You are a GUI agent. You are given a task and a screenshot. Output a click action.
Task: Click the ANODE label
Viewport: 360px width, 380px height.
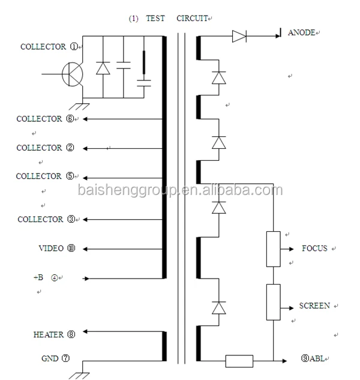[x=301, y=32]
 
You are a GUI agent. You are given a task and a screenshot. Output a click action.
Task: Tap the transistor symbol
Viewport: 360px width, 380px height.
[x=73, y=74]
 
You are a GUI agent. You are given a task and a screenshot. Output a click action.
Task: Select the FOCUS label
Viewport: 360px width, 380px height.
[x=314, y=249]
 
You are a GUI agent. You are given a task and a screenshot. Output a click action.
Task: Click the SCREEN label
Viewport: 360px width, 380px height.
[x=314, y=306]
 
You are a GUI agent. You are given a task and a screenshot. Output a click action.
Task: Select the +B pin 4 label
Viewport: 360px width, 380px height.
[x=48, y=277]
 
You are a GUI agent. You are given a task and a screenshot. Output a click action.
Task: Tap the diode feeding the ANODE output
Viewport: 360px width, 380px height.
[x=239, y=37]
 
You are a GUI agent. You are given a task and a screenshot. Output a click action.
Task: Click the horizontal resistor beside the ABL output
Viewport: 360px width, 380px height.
[x=239, y=361]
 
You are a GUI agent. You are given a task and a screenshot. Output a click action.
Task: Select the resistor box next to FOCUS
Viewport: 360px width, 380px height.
[x=274, y=249]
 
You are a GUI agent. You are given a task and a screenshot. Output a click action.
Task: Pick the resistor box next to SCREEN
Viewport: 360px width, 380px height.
[x=274, y=303]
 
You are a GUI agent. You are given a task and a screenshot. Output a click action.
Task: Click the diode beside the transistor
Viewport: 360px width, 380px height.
[x=103, y=68]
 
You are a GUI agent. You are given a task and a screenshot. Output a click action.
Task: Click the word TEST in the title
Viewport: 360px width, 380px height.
[x=155, y=19]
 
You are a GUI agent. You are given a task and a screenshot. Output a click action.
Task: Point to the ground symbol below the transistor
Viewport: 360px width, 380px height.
[x=83, y=106]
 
